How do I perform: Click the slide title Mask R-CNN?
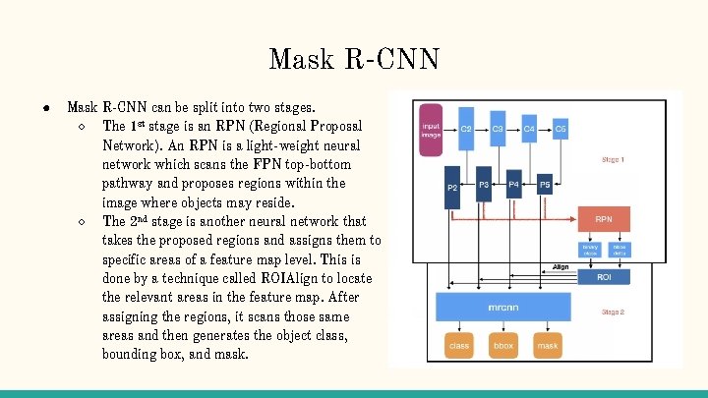tap(353, 58)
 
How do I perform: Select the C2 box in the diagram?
tap(466, 129)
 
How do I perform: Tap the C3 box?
tap(498, 129)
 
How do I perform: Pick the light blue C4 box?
tap(529, 129)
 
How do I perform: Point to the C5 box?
tap(560, 129)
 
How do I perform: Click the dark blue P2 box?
tap(452, 188)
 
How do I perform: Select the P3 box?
tap(483, 185)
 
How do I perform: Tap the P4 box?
tap(514, 185)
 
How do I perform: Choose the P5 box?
tap(545, 185)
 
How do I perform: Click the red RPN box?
tap(605, 219)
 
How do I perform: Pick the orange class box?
tap(459, 346)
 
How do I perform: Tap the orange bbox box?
tap(503, 346)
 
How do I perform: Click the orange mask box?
tap(548, 346)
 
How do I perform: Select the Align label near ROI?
tap(560, 266)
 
